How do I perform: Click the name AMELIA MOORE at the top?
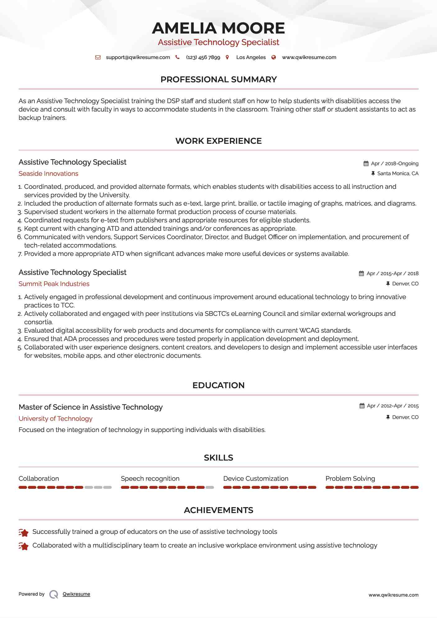(x=218, y=28)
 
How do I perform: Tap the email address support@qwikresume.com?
(x=138, y=57)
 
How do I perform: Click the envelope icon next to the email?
(x=98, y=57)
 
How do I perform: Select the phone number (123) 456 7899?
(x=203, y=57)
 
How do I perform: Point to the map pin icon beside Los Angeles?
(x=227, y=57)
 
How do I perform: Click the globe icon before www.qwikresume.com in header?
(x=274, y=57)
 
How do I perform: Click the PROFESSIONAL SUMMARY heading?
(x=218, y=80)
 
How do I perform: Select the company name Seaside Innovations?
(x=48, y=174)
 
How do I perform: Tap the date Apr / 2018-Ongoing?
(x=394, y=164)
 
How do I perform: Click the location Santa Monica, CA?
(x=398, y=174)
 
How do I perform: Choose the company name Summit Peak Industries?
(x=54, y=284)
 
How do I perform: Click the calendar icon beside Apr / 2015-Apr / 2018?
(x=361, y=274)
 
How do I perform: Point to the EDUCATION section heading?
(x=218, y=385)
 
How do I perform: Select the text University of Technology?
(x=56, y=419)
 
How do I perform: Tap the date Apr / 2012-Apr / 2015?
(x=393, y=406)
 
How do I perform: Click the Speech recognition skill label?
(x=150, y=479)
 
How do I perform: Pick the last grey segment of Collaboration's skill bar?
(x=107, y=488)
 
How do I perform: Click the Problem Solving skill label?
(x=350, y=479)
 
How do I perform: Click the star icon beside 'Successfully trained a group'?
(x=24, y=532)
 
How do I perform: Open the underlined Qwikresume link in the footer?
(x=76, y=594)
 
